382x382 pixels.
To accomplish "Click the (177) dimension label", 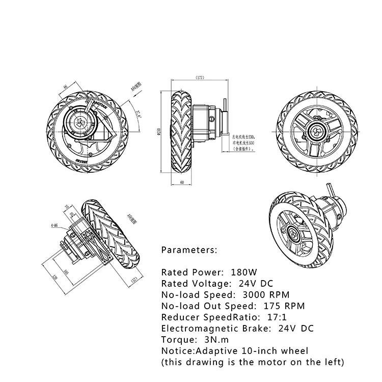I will click(200, 78).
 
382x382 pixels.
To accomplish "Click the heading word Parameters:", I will click(189, 250).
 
